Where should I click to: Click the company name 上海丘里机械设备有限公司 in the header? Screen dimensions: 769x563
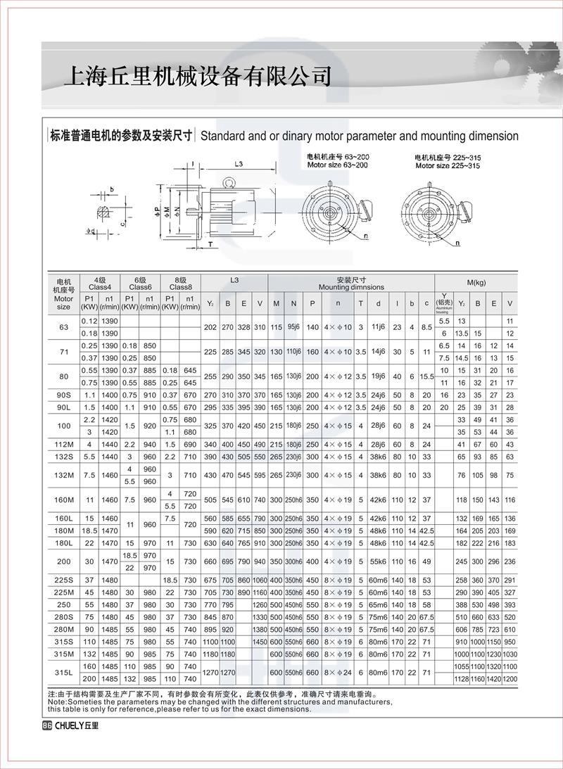point(197,76)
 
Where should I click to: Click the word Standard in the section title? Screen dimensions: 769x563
point(224,136)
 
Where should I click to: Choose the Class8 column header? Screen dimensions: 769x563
point(181,287)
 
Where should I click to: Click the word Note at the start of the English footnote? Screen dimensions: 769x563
point(53,701)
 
